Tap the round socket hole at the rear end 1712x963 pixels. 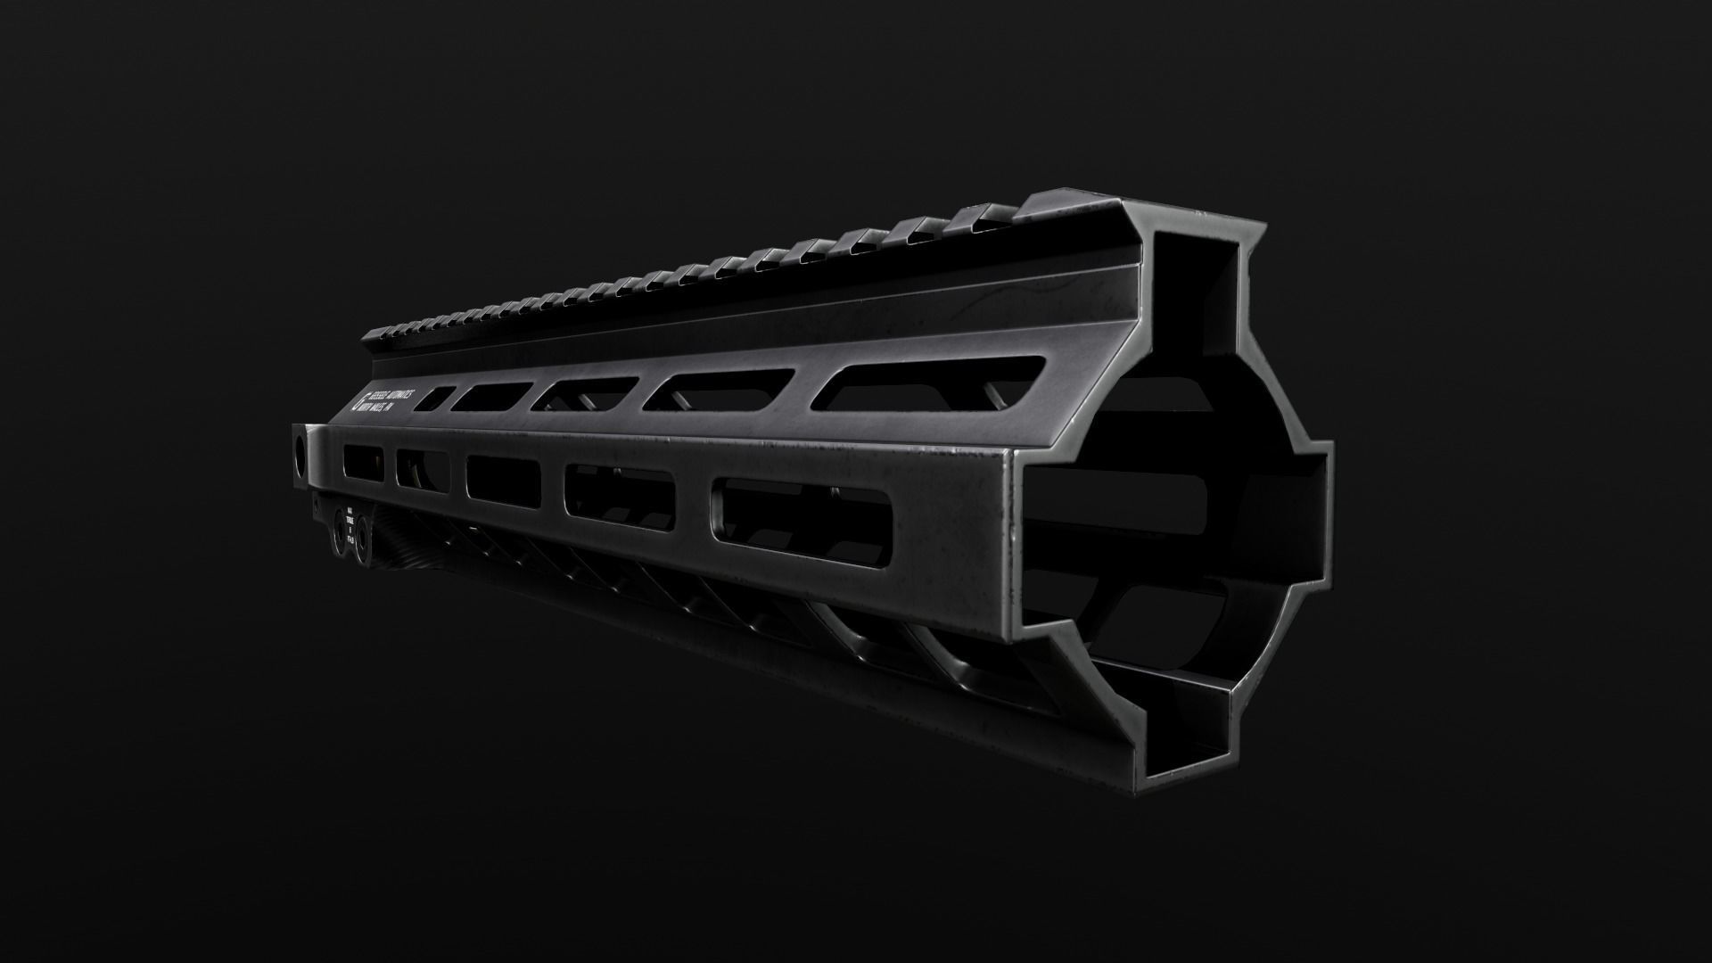tap(299, 454)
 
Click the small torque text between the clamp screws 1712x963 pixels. tap(351, 526)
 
